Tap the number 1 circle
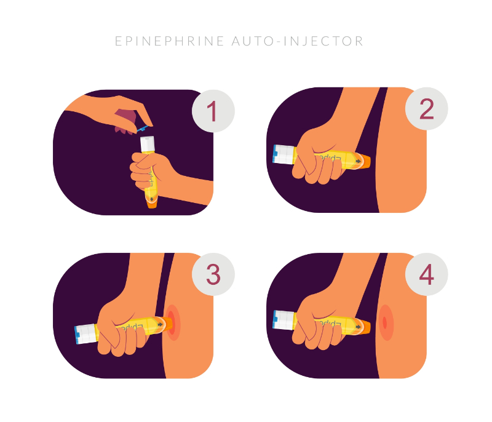(213, 112)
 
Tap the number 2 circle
(426, 109)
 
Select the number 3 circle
(213, 274)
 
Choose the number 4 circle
(426, 275)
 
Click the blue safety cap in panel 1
(143, 129)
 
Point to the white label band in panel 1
(148, 145)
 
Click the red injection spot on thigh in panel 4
(385, 322)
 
